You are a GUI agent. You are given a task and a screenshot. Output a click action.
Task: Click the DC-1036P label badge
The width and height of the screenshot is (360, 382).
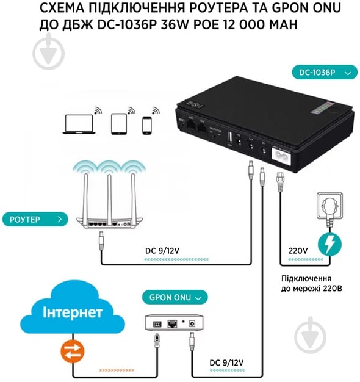(x=324, y=73)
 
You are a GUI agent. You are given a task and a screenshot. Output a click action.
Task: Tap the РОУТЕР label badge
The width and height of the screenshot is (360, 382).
(x=34, y=218)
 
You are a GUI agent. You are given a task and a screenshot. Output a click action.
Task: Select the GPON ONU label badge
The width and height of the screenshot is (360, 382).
(x=175, y=298)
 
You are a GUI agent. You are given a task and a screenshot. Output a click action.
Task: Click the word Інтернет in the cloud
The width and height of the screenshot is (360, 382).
(x=72, y=313)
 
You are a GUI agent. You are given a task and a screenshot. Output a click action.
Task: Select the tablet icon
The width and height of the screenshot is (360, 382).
(x=118, y=123)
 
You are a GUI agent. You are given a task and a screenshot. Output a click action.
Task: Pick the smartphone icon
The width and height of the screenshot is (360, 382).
(x=146, y=124)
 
